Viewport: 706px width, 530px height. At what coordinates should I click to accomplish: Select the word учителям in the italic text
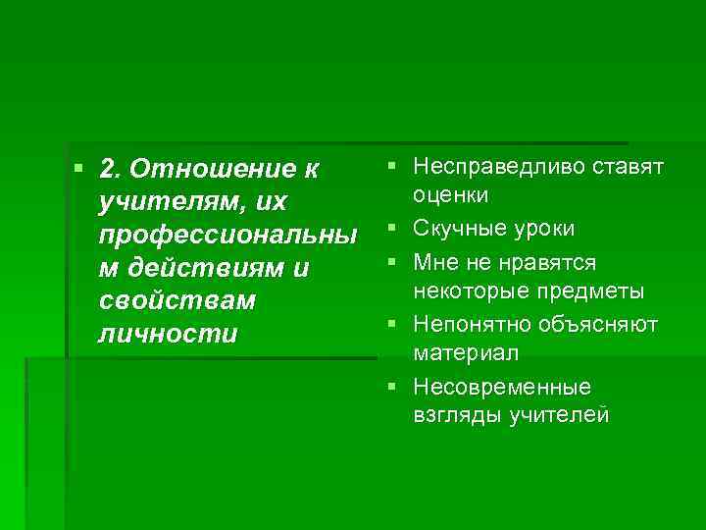coord(161,202)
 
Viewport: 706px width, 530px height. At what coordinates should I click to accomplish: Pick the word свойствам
coord(163,300)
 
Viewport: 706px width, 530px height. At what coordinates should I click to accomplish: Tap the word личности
coord(168,334)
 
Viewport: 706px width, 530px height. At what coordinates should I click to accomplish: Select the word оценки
coord(452,195)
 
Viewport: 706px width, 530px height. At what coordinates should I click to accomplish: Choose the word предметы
coord(595,291)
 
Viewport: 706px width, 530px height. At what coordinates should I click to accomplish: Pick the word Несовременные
coord(502,386)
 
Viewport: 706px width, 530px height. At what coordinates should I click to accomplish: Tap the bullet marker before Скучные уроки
coord(391,229)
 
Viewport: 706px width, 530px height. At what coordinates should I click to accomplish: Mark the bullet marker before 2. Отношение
coord(79,169)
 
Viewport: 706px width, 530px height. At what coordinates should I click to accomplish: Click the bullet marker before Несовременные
coord(391,386)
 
